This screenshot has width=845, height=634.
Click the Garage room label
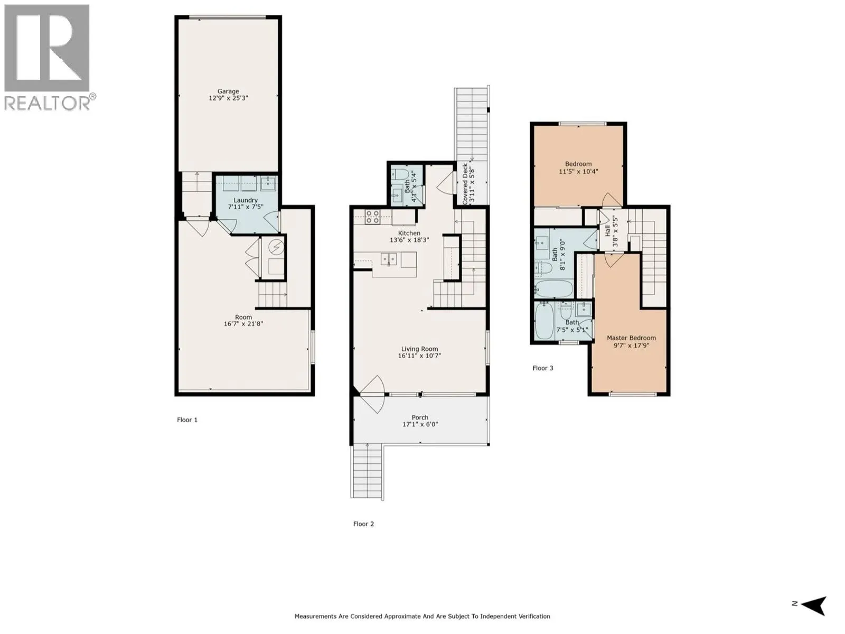(228, 91)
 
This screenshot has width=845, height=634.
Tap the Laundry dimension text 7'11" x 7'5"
(246, 208)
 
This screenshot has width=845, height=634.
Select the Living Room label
(419, 349)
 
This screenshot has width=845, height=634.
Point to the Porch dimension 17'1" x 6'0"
(420, 424)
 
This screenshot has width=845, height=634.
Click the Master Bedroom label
(631, 338)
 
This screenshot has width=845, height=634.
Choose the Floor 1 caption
(187, 420)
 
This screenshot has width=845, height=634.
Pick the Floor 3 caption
(542, 368)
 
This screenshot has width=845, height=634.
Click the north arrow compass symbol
(814, 605)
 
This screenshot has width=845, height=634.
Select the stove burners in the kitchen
(372, 217)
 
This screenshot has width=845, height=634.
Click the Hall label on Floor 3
(607, 231)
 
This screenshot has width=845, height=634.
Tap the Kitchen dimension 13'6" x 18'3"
(409, 240)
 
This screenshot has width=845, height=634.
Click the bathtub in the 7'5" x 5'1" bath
(544, 321)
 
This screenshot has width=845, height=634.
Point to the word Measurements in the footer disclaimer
(315, 616)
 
